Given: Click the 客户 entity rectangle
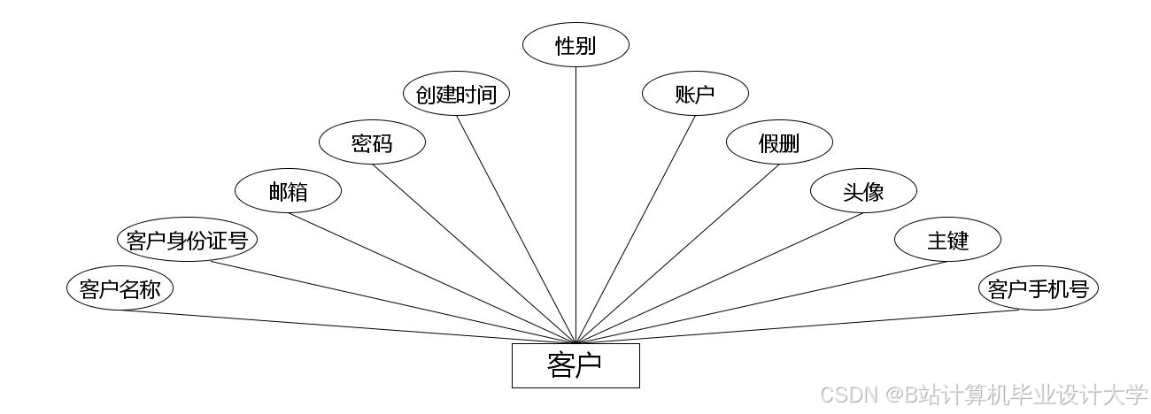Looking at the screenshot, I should coord(575,365).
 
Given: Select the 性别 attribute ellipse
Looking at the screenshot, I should coord(575,45).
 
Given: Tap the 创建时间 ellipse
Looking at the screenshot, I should coord(456,94).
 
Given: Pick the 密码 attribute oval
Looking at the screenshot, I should coord(372,142).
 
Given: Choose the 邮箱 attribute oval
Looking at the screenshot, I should coord(288,191).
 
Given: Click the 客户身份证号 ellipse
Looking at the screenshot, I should coord(187,240).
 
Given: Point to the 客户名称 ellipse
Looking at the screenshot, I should coord(120,288).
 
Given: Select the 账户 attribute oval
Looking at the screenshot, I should coord(695,94).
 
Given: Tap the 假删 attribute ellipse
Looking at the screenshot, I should coord(779,142).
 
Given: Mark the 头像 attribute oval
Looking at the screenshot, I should coord(863,191).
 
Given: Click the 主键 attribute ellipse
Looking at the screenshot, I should coord(947,240).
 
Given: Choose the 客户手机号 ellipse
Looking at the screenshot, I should coord(1038,288).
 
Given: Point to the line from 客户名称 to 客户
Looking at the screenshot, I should coord(354,326).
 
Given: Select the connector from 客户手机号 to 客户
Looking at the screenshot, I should coord(797,326).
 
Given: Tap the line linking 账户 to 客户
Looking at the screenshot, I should coord(636,229).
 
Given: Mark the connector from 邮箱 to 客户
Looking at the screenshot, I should coord(431,278).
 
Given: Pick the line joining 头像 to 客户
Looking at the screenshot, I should coord(720,278).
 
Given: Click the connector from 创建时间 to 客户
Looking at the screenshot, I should coord(516,228).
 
